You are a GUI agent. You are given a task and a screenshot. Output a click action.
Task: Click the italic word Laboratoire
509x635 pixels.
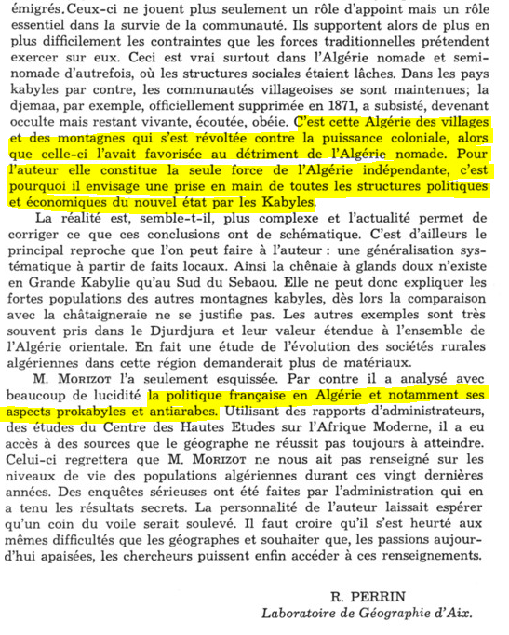[301, 614]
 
